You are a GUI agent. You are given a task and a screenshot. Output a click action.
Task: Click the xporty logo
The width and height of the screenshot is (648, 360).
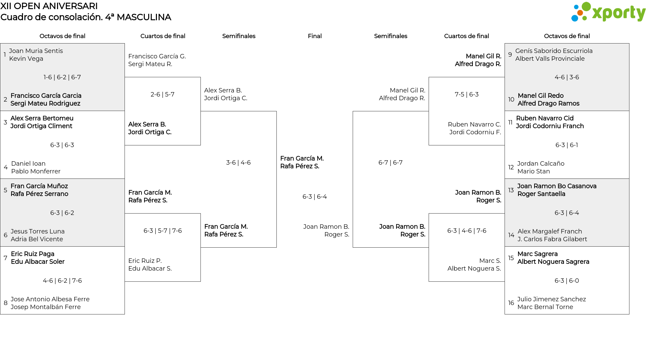click(x=608, y=12)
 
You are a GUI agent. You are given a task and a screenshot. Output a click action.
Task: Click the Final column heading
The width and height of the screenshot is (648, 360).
click(x=315, y=36)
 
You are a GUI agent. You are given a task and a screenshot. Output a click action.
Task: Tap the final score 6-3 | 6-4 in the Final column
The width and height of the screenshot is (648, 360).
click(x=315, y=197)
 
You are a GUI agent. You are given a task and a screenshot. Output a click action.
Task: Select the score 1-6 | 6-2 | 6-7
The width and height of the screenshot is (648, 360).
click(x=62, y=77)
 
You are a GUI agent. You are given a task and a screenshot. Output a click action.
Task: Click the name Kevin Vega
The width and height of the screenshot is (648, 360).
click(x=26, y=59)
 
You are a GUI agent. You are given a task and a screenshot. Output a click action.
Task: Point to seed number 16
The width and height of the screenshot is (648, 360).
click(x=511, y=303)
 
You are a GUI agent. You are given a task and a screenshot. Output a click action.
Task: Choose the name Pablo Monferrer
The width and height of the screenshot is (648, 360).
click(x=36, y=171)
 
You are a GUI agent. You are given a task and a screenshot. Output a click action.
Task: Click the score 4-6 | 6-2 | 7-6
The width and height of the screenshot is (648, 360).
click(x=62, y=281)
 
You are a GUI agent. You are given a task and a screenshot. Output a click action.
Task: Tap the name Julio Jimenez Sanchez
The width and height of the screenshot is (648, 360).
click(x=551, y=299)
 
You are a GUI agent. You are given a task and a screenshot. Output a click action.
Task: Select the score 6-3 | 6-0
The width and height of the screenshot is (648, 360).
click(x=567, y=281)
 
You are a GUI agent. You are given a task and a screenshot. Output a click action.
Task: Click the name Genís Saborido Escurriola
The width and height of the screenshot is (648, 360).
click(x=554, y=51)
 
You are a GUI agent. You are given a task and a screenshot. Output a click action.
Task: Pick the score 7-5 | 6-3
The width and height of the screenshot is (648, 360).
click(x=466, y=94)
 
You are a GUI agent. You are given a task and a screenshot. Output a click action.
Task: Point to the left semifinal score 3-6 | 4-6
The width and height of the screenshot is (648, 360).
click(x=238, y=163)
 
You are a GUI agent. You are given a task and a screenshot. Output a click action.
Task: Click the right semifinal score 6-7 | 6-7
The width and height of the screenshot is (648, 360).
click(x=390, y=163)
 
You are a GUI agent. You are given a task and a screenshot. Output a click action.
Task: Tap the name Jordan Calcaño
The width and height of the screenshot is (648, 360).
click(x=541, y=164)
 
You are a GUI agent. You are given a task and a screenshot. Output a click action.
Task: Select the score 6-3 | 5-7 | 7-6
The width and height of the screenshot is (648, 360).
click(x=163, y=231)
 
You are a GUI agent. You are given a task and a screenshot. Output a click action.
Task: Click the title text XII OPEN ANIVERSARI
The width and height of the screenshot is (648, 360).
click(x=49, y=6)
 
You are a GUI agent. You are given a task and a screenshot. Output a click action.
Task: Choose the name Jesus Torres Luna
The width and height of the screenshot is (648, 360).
click(x=37, y=231)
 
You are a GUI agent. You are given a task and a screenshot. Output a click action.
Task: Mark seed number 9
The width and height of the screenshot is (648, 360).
click(x=510, y=55)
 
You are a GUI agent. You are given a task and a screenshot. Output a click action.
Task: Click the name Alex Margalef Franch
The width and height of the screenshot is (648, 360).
click(x=550, y=231)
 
